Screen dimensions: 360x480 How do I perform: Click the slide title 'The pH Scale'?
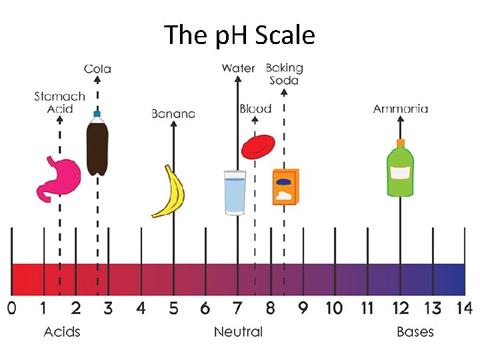239,35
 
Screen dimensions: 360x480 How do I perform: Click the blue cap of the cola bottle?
97,115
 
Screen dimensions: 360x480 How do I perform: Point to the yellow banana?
170,192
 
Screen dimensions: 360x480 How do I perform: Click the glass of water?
235,193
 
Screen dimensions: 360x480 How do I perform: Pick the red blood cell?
257,147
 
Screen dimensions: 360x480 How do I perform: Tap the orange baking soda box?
285,187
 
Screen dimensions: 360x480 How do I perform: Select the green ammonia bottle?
400,172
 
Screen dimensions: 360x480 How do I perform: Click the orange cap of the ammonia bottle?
401,143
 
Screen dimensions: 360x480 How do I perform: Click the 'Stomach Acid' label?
59,102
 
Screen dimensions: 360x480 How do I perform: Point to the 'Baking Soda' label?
284,74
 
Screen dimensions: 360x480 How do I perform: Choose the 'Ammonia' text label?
400,109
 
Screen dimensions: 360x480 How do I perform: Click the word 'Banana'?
173,114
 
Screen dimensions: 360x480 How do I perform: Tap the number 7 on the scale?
237,309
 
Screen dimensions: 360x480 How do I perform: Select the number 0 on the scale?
11,309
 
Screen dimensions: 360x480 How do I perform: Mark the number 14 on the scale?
463,309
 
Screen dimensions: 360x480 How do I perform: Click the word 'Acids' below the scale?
62,332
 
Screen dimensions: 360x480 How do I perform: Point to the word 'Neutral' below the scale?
238,332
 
